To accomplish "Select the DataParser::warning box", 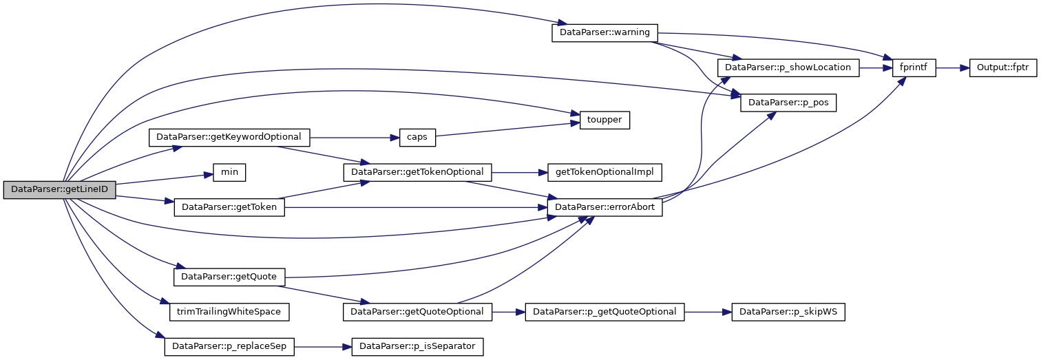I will [x=605, y=33].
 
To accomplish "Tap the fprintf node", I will [x=914, y=68].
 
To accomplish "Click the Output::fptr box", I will [x=1003, y=68].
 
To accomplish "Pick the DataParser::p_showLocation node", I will [x=788, y=68].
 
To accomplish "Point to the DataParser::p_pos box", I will [x=788, y=103].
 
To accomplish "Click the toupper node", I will [x=604, y=120].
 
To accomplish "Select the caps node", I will [x=417, y=137].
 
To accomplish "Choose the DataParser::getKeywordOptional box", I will [x=229, y=137].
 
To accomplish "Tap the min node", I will [x=229, y=172].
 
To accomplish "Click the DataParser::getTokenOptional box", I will [x=418, y=172].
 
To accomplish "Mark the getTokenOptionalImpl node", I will [x=604, y=172].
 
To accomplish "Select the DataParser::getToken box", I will [x=229, y=207].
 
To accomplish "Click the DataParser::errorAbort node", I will [x=604, y=207].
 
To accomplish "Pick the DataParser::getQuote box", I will [x=229, y=277].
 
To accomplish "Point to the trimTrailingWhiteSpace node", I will [x=229, y=312].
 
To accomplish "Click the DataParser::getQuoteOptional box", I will [x=418, y=312].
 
